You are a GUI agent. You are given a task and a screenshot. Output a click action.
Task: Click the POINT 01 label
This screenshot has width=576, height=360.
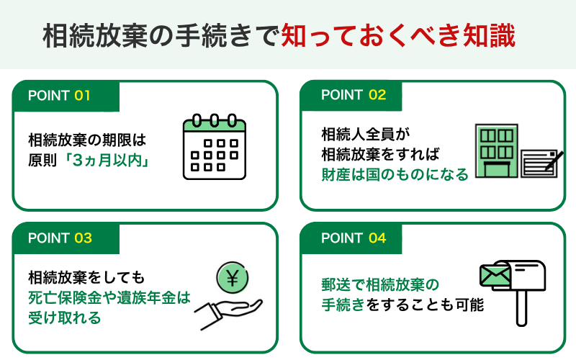[x=59, y=95]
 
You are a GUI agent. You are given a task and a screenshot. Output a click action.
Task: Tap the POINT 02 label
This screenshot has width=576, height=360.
[x=354, y=95]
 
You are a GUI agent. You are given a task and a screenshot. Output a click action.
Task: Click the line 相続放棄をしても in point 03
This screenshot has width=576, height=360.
[x=87, y=277]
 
